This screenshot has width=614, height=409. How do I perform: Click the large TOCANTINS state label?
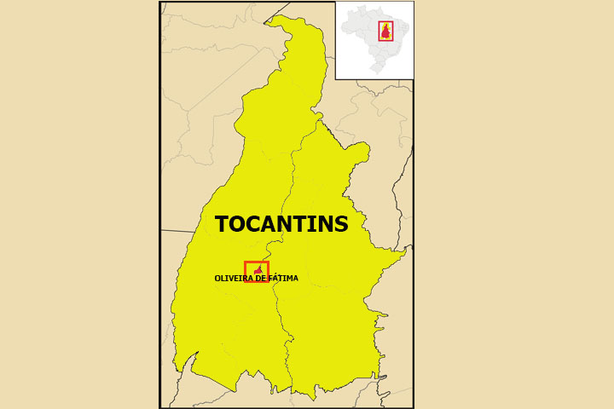pos(281,225)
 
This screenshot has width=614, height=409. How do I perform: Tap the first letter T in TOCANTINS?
pos(222,225)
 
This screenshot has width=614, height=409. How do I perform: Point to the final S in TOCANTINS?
pos(341,225)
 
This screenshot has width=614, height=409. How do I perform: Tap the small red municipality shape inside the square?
pos(258,271)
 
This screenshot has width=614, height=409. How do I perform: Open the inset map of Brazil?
pos(374,40)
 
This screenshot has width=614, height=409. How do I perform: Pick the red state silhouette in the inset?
pos(385,32)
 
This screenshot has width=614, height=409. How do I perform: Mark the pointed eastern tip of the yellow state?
pos(406,251)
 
